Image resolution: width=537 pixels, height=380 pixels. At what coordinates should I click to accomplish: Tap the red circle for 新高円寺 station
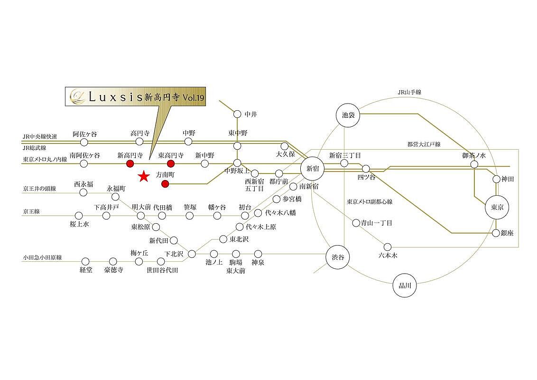click(x=129, y=164)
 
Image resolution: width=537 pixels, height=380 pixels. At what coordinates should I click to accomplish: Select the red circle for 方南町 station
click(x=165, y=184)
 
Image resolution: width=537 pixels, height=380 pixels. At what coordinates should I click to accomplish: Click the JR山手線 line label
click(x=409, y=93)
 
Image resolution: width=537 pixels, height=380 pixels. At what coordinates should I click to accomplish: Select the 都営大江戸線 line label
click(x=424, y=144)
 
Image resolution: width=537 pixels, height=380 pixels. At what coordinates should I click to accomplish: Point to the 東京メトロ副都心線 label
click(x=370, y=201)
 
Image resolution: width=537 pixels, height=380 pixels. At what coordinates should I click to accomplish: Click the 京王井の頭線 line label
click(x=39, y=189)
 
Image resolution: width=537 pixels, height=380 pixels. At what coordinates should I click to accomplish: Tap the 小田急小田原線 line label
click(x=42, y=257)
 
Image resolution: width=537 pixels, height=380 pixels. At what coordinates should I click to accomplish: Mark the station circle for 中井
click(x=237, y=114)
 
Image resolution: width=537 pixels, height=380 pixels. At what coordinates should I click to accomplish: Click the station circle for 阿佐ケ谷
click(x=84, y=142)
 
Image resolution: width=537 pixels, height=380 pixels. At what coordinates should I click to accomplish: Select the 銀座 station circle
click(x=496, y=233)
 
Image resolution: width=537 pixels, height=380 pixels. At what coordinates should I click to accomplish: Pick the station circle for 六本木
click(x=388, y=247)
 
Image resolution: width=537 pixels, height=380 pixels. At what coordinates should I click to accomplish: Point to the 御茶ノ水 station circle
click(x=474, y=164)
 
